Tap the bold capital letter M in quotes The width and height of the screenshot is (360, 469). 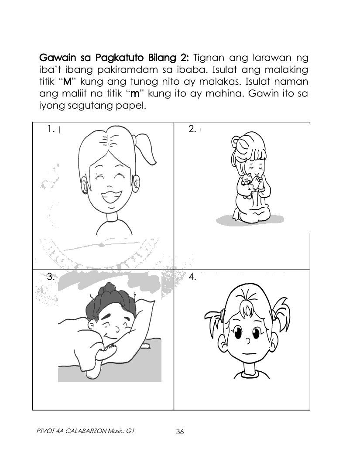[67, 82]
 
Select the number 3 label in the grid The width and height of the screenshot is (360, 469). [51, 276]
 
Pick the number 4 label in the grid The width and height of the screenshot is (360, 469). [192, 276]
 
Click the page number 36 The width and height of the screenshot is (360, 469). [180, 432]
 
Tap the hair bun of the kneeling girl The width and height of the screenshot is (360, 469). [236, 143]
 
